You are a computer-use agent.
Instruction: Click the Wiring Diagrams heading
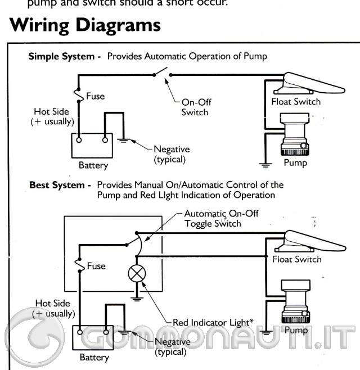click(x=85, y=25)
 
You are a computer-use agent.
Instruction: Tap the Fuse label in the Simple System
click(x=95, y=96)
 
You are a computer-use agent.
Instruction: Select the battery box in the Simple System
click(x=91, y=146)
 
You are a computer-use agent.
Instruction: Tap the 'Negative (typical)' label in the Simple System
click(x=172, y=154)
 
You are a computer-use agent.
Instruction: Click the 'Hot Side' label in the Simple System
click(x=51, y=116)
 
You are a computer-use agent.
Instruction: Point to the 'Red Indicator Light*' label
click(x=213, y=322)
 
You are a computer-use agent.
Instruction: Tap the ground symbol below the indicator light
click(x=137, y=299)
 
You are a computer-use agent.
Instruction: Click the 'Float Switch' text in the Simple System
click(x=296, y=102)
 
